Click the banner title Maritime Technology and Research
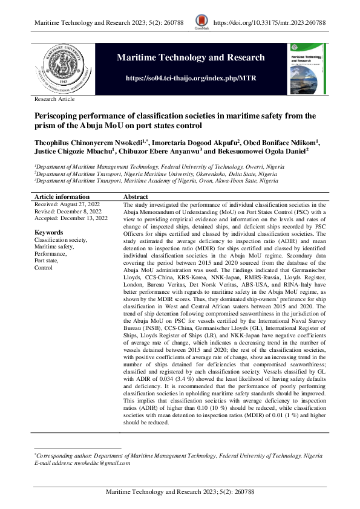pos(191,58)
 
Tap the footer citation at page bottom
pos(180,493)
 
